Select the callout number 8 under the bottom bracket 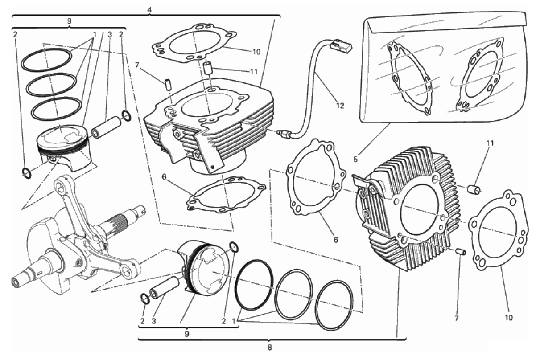(x=270, y=347)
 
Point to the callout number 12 (x=340, y=106)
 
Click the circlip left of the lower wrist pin (x=145, y=299)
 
